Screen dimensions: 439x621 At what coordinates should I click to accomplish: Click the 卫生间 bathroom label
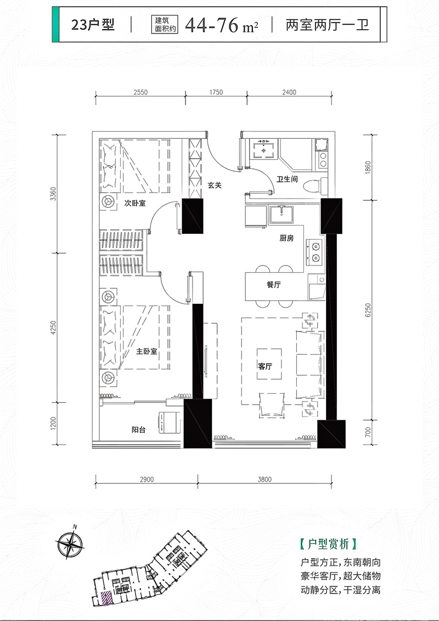[x=287, y=179]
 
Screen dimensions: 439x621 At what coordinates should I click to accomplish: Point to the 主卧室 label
[x=146, y=351]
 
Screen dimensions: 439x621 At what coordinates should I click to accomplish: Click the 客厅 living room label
[x=265, y=366]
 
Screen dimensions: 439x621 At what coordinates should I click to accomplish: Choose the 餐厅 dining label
[x=274, y=284]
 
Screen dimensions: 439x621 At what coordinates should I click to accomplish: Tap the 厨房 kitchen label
[x=286, y=238]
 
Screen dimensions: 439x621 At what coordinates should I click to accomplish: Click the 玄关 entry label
[x=215, y=185]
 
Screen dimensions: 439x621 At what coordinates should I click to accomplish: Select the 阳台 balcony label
[x=138, y=430]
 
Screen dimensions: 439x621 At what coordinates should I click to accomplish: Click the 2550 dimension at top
[x=140, y=92]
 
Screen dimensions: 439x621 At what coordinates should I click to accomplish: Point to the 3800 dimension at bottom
[x=264, y=479]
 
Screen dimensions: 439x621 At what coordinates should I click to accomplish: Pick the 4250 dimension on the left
[x=53, y=328]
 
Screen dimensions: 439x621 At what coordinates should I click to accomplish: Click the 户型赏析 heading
[x=329, y=544]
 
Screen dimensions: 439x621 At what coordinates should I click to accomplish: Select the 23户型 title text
[x=93, y=25]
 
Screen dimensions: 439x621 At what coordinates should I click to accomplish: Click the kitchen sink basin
[x=282, y=215]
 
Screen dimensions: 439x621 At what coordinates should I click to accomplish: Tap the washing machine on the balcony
[x=168, y=422]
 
